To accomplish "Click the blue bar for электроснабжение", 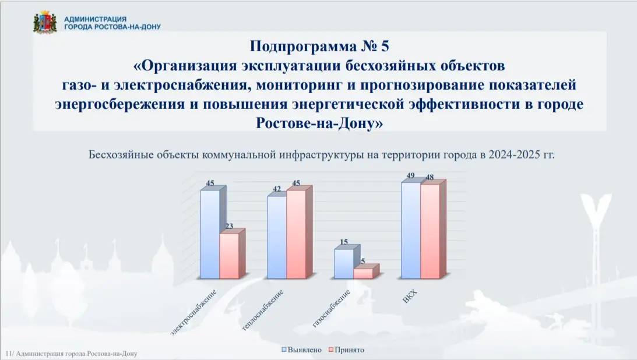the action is [210, 234].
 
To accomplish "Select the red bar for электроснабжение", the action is [230, 256].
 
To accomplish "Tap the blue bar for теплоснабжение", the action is [277, 237].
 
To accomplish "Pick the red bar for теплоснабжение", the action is [297, 234].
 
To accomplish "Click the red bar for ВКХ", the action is [431, 231].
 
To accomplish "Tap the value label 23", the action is [230, 226].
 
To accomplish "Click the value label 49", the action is [410, 176].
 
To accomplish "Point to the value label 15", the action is [344, 242].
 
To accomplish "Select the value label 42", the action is [277, 189].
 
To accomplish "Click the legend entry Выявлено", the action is [302, 350].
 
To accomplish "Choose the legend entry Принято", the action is [346, 350].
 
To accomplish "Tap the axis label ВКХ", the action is [410, 297].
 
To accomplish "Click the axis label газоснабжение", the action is [331, 309].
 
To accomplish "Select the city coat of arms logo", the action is [45, 23].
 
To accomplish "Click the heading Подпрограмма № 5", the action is [319, 46].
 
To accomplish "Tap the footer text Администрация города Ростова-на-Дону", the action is [76, 354].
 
